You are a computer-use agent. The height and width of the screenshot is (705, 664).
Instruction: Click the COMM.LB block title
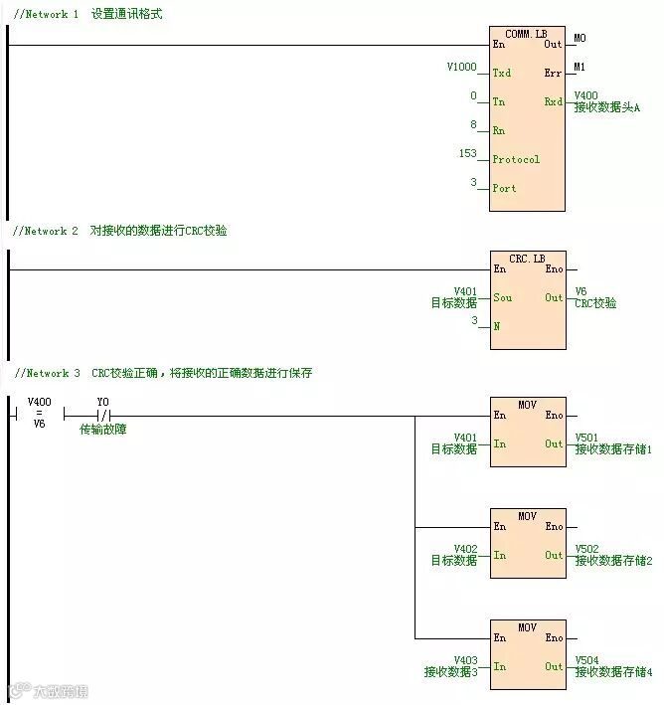tap(526, 34)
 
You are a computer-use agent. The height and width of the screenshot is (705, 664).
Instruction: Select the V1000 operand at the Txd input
tap(462, 67)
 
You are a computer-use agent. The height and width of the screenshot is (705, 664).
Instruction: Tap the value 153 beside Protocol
tap(467, 153)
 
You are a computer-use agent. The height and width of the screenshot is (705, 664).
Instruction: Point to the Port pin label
tap(505, 188)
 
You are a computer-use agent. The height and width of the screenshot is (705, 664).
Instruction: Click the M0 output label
tap(580, 38)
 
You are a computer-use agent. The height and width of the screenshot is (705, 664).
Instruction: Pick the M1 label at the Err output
tap(580, 67)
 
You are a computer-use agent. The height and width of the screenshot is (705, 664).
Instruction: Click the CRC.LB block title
tap(527, 259)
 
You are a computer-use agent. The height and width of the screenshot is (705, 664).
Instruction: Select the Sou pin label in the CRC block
tap(502, 297)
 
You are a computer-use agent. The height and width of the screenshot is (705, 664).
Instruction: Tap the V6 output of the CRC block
tap(581, 292)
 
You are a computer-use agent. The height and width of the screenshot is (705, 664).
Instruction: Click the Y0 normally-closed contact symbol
tap(102, 416)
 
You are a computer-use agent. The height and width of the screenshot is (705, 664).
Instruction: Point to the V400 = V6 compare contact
tap(39, 415)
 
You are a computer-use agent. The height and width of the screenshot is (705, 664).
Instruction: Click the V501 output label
tap(587, 438)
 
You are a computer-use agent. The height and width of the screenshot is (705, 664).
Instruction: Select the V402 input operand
tap(465, 549)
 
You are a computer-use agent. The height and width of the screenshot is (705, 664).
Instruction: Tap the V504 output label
tap(587, 660)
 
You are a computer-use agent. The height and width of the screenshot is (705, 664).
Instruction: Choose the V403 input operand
tap(465, 660)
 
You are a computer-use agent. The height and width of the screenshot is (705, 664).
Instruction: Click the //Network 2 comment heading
tap(45, 231)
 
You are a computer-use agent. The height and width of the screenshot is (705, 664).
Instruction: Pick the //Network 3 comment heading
tap(46, 373)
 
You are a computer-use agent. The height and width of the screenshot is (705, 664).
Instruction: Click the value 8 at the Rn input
tap(474, 124)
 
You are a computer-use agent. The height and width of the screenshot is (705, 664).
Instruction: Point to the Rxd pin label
tap(553, 101)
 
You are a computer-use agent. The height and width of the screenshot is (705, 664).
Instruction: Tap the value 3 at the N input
tap(474, 320)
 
